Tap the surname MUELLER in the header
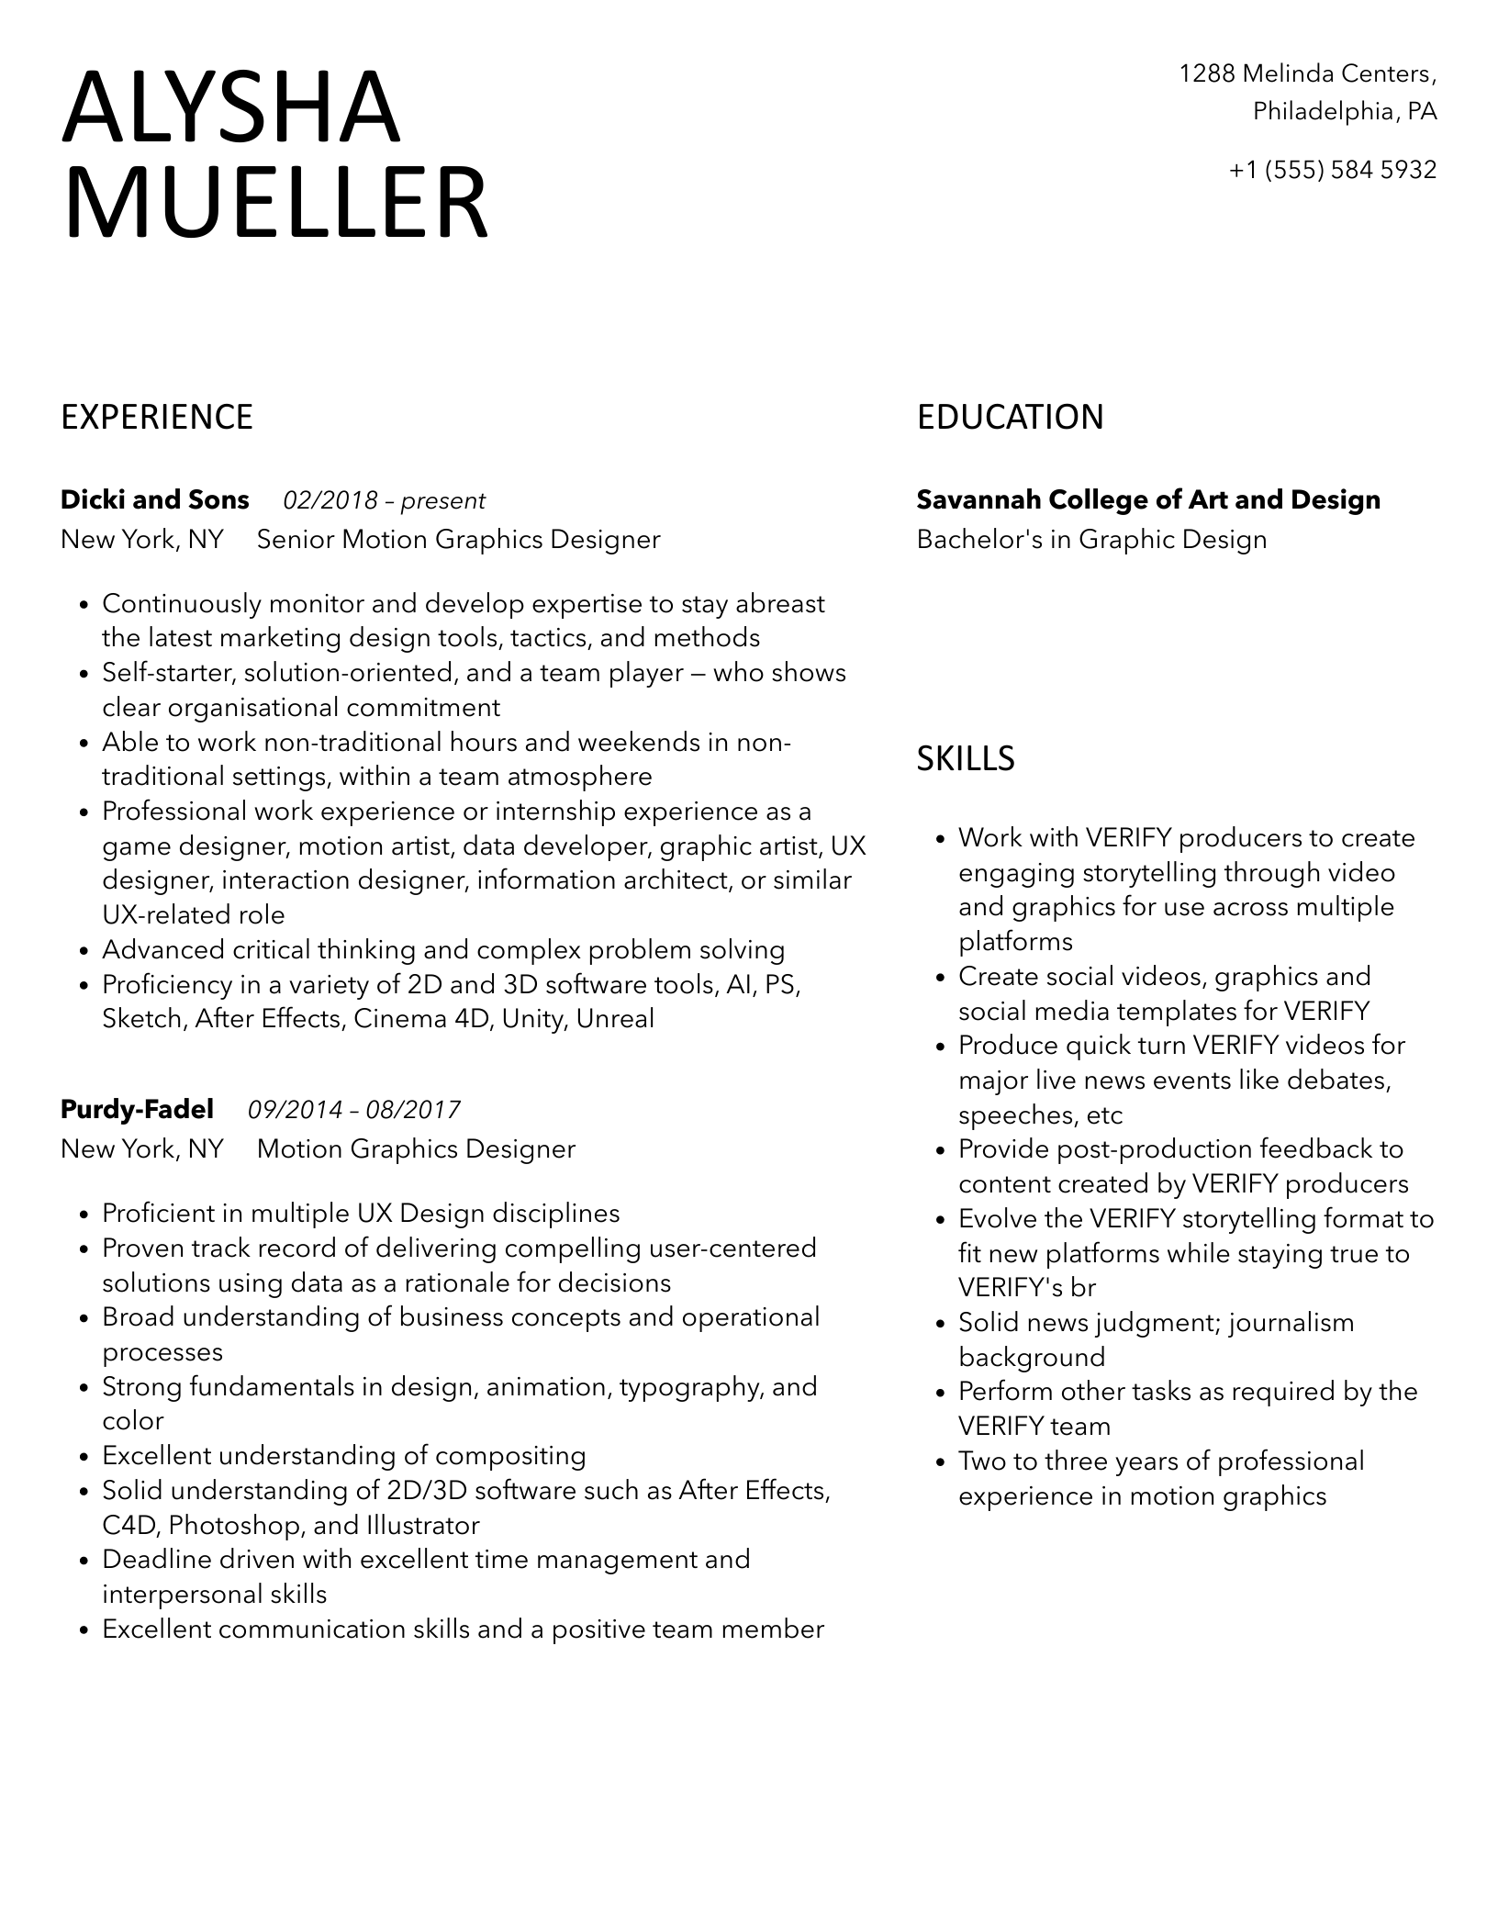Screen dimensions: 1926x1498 pyautogui.click(x=274, y=204)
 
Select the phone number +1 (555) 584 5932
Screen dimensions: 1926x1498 pyautogui.click(x=1332, y=170)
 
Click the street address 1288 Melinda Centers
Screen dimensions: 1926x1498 pyautogui.click(x=1306, y=73)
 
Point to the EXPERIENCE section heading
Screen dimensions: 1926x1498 pyautogui.click(x=157, y=418)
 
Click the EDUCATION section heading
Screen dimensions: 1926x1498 pyautogui.click(x=1010, y=418)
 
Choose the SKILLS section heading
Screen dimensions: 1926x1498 pyautogui.click(x=966, y=758)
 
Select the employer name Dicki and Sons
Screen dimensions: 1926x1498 pyautogui.click(x=154, y=500)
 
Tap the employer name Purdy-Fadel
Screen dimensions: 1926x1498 pyautogui.click(x=137, y=1110)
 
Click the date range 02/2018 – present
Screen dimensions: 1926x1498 pyautogui.click(x=384, y=501)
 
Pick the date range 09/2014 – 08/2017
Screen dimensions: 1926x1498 pyautogui.click(x=354, y=1111)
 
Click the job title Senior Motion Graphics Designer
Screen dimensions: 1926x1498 pyautogui.click(x=458, y=540)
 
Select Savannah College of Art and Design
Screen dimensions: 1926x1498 pyautogui.click(x=1148, y=500)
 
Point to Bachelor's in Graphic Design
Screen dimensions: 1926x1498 pyautogui.click(x=1091, y=540)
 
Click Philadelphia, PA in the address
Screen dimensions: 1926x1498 pyautogui.click(x=1345, y=112)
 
